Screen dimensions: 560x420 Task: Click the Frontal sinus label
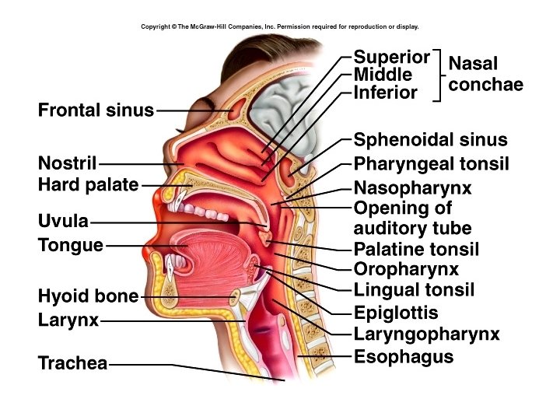96,110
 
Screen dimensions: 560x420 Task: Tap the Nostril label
67,164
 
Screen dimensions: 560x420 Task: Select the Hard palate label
88,185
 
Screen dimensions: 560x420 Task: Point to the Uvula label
63,222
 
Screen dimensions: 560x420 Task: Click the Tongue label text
71,246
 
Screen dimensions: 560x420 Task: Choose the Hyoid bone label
88,296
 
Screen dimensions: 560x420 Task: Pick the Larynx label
68,320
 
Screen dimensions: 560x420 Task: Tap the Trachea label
72,363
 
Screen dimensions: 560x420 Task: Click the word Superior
391,57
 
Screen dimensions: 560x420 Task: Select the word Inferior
386,93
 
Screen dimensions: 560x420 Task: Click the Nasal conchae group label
485,74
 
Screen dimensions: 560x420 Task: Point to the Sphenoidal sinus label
430,141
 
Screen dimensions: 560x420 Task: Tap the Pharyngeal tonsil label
431,164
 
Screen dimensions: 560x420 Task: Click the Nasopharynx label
412,188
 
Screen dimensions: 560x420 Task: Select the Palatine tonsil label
416,250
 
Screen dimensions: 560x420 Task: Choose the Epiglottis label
396,313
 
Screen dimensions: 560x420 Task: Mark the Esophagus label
403,357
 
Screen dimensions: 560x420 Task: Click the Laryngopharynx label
426,334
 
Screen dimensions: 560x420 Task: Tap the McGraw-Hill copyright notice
280,26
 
